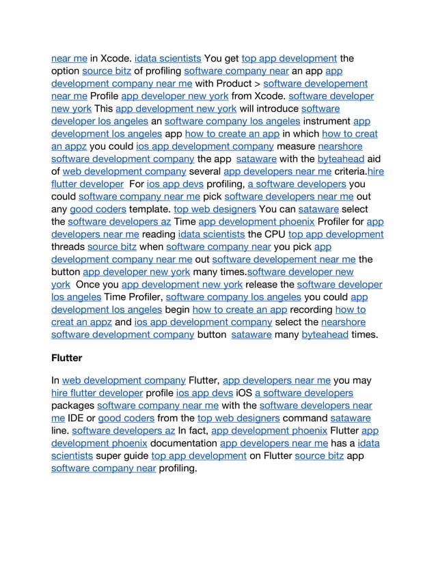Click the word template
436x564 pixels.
(150, 209)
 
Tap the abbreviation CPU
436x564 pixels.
(275, 234)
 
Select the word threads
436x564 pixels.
(68, 246)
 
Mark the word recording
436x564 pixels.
(312, 309)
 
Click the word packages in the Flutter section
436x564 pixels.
(68, 406)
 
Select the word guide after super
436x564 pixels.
(134, 455)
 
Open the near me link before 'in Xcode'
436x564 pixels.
(69, 58)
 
